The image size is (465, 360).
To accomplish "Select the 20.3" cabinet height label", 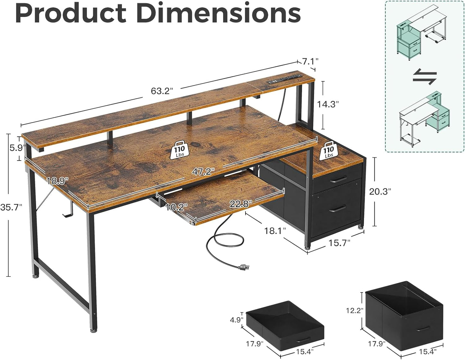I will click(x=380, y=191).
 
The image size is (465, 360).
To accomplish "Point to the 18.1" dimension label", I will click(x=275, y=231).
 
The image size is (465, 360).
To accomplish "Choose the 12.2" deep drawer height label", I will click(x=354, y=310).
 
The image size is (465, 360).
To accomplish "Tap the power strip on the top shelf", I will click(x=285, y=78).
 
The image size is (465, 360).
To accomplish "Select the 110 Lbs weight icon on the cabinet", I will click(x=329, y=150).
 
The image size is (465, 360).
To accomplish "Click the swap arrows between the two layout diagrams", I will click(x=424, y=77).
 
